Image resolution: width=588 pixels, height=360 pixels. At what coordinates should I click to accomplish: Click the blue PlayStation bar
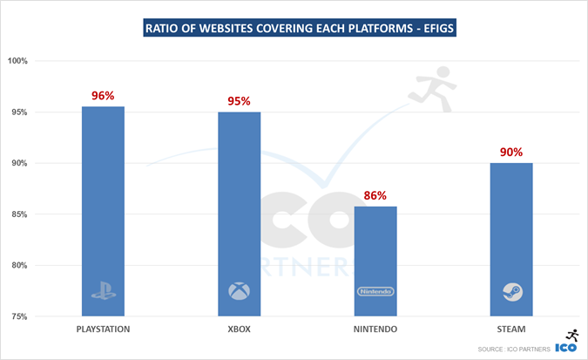coord(103,209)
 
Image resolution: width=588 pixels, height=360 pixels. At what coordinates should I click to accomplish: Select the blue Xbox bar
coord(239,214)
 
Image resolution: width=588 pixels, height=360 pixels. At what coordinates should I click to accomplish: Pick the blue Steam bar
coord(511,235)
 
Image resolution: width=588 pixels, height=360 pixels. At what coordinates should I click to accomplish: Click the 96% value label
coord(103,96)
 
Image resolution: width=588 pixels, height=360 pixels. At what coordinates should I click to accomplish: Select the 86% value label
coord(375,196)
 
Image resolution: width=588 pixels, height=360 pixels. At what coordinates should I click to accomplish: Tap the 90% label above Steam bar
coord(511,153)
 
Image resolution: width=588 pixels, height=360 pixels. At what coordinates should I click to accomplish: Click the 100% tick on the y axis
coord(18,61)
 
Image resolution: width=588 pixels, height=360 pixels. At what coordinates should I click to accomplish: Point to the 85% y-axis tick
coord(18,214)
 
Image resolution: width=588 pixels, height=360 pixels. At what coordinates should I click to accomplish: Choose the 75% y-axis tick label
coord(18,316)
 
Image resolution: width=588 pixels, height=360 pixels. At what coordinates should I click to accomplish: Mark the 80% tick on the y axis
coord(18,266)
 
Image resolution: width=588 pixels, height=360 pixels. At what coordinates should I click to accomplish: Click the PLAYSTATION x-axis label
coord(103,329)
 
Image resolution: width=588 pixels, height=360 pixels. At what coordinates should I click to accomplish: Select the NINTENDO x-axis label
coord(375,329)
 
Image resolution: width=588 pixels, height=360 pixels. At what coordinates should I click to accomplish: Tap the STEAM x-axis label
coord(511,329)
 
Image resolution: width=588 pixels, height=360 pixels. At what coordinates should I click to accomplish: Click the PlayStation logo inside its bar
coord(103,291)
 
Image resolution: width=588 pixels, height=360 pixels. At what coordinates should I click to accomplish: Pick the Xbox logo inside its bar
coord(239,291)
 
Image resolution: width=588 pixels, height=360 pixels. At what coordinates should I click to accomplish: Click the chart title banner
coord(294,28)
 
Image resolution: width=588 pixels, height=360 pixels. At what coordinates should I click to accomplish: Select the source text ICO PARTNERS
coord(518,350)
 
